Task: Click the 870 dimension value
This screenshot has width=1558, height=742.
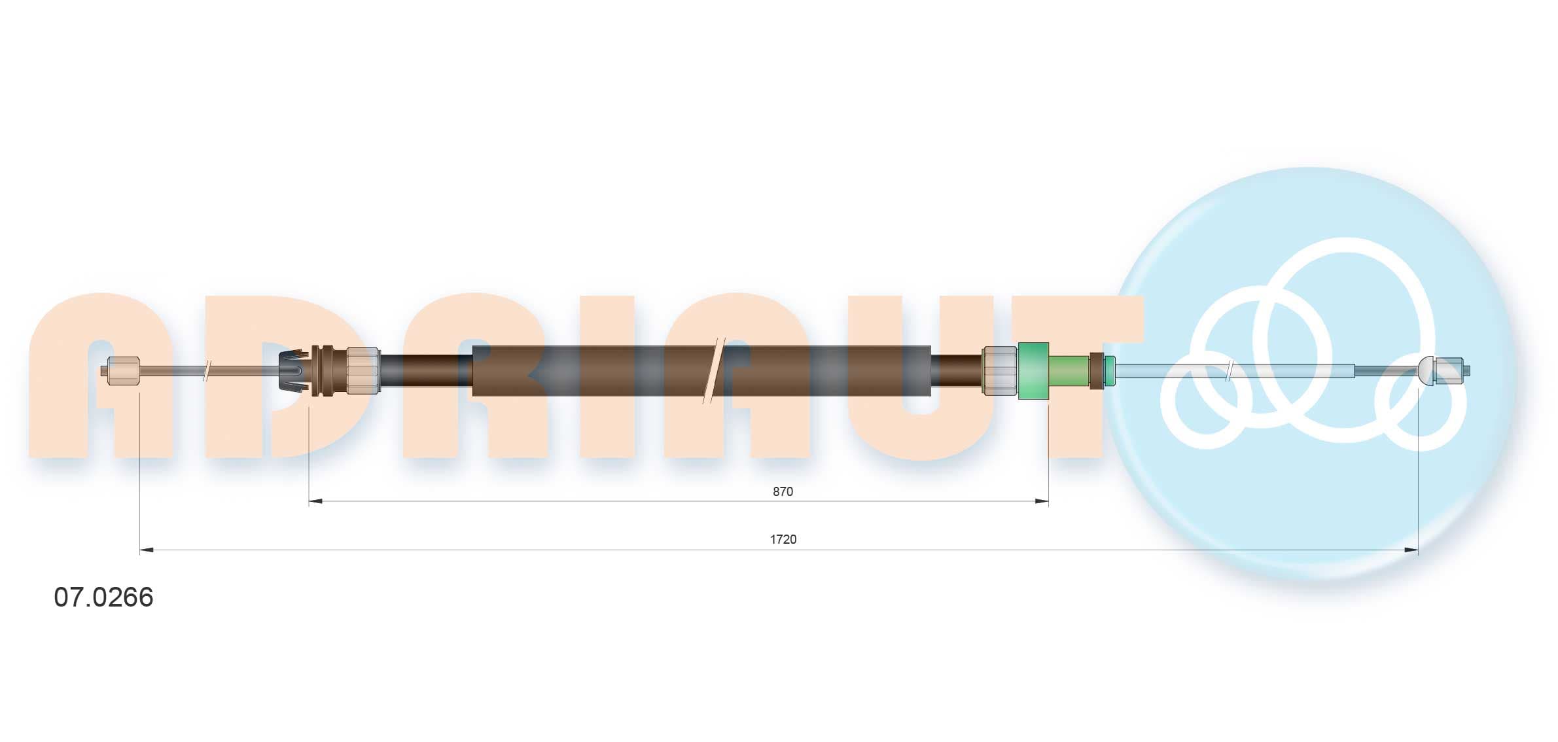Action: (783, 491)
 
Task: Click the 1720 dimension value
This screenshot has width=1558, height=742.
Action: (783, 539)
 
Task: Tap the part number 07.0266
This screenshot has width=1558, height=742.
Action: (103, 597)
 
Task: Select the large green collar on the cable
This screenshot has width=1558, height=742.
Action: (1033, 370)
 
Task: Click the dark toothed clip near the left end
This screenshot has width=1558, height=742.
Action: (293, 371)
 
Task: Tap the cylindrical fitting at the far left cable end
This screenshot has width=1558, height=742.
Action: (123, 370)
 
